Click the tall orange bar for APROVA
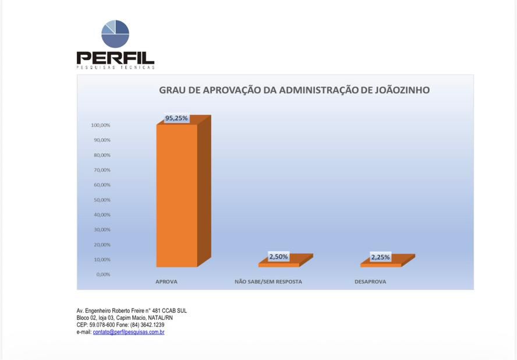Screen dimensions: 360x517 coord(177,195)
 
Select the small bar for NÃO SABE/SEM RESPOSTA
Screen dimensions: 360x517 coord(279,264)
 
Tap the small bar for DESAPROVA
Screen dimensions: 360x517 coord(381,264)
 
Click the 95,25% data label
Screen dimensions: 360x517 coord(176,118)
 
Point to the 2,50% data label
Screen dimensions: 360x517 coord(278,257)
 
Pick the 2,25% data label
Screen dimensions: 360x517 coord(380,257)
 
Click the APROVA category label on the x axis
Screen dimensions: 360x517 coord(167,282)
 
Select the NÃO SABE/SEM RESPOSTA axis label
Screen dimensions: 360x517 coord(268,282)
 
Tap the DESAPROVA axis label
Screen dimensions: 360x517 coord(370,282)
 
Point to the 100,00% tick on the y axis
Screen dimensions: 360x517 coord(100,125)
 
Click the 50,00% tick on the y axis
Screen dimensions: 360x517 coord(101,200)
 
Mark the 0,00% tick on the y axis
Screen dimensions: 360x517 coord(103,274)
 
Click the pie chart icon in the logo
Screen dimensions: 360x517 coord(115,34)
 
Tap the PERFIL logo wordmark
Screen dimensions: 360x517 coord(115,58)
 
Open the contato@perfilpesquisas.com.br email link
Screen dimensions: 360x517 coord(129,332)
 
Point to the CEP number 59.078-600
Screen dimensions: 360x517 coord(102,325)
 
